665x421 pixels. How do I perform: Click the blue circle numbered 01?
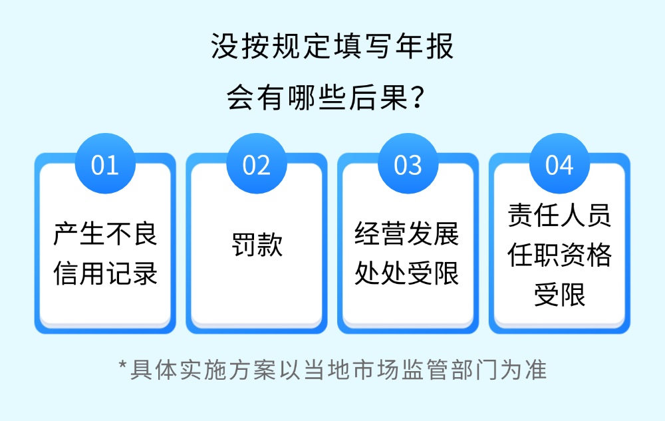tap(105, 164)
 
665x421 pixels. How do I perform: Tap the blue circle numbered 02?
tap(257, 164)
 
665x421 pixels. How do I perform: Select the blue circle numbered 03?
tap(408, 164)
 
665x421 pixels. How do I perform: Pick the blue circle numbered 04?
tap(559, 164)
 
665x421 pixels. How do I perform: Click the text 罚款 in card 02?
tap(257, 244)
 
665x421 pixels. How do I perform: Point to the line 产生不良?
tap(105, 233)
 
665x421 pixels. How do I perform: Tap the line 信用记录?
tap(105, 273)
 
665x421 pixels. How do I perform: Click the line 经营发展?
tap(407, 233)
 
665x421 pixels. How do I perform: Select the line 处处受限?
tap(407, 273)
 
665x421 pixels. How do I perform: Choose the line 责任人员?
tap(559, 215)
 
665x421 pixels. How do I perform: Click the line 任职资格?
tap(559, 254)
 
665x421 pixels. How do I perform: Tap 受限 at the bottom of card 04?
tap(560, 294)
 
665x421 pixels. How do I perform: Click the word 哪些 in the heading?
tap(317, 97)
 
